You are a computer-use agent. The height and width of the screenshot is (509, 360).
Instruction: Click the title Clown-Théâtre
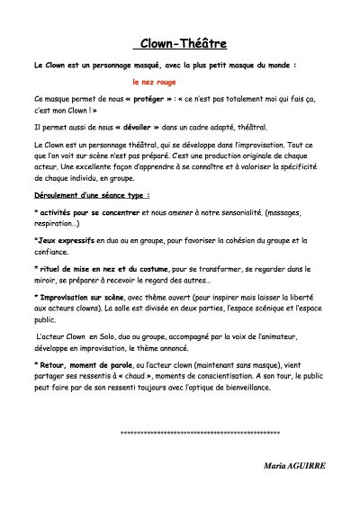point(180,43)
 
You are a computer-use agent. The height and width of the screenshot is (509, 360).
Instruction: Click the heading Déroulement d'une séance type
point(91,193)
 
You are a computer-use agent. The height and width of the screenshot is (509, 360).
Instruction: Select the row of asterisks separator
point(200,433)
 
